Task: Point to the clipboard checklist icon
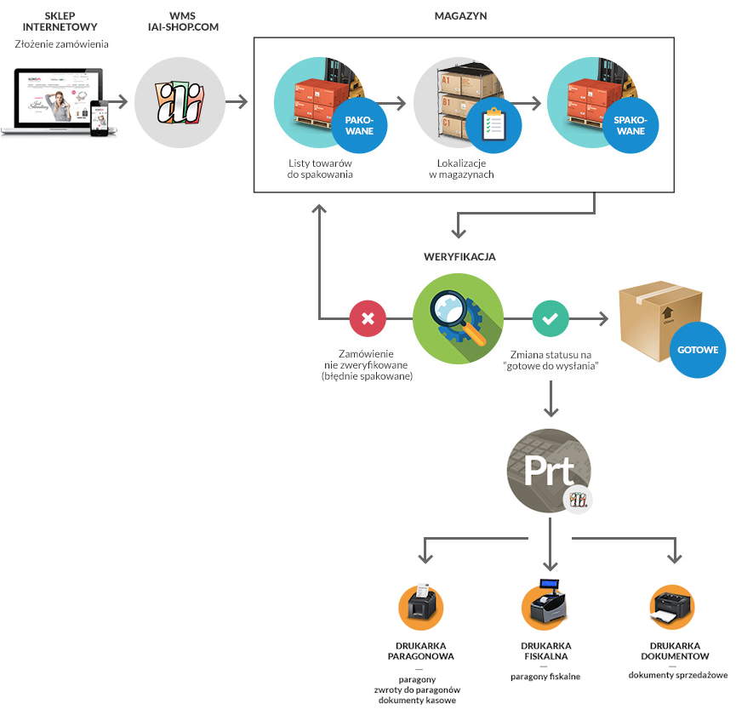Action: pos(494,124)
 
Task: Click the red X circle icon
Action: pos(368,319)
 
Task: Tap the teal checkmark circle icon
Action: pos(551,319)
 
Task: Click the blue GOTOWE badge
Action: pos(698,349)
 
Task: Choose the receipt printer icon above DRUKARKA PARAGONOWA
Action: pos(421,606)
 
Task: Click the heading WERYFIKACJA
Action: pos(459,256)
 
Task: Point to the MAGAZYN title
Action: pos(460,16)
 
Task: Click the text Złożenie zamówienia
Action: pos(62,44)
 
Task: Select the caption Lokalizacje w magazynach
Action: pos(461,169)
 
